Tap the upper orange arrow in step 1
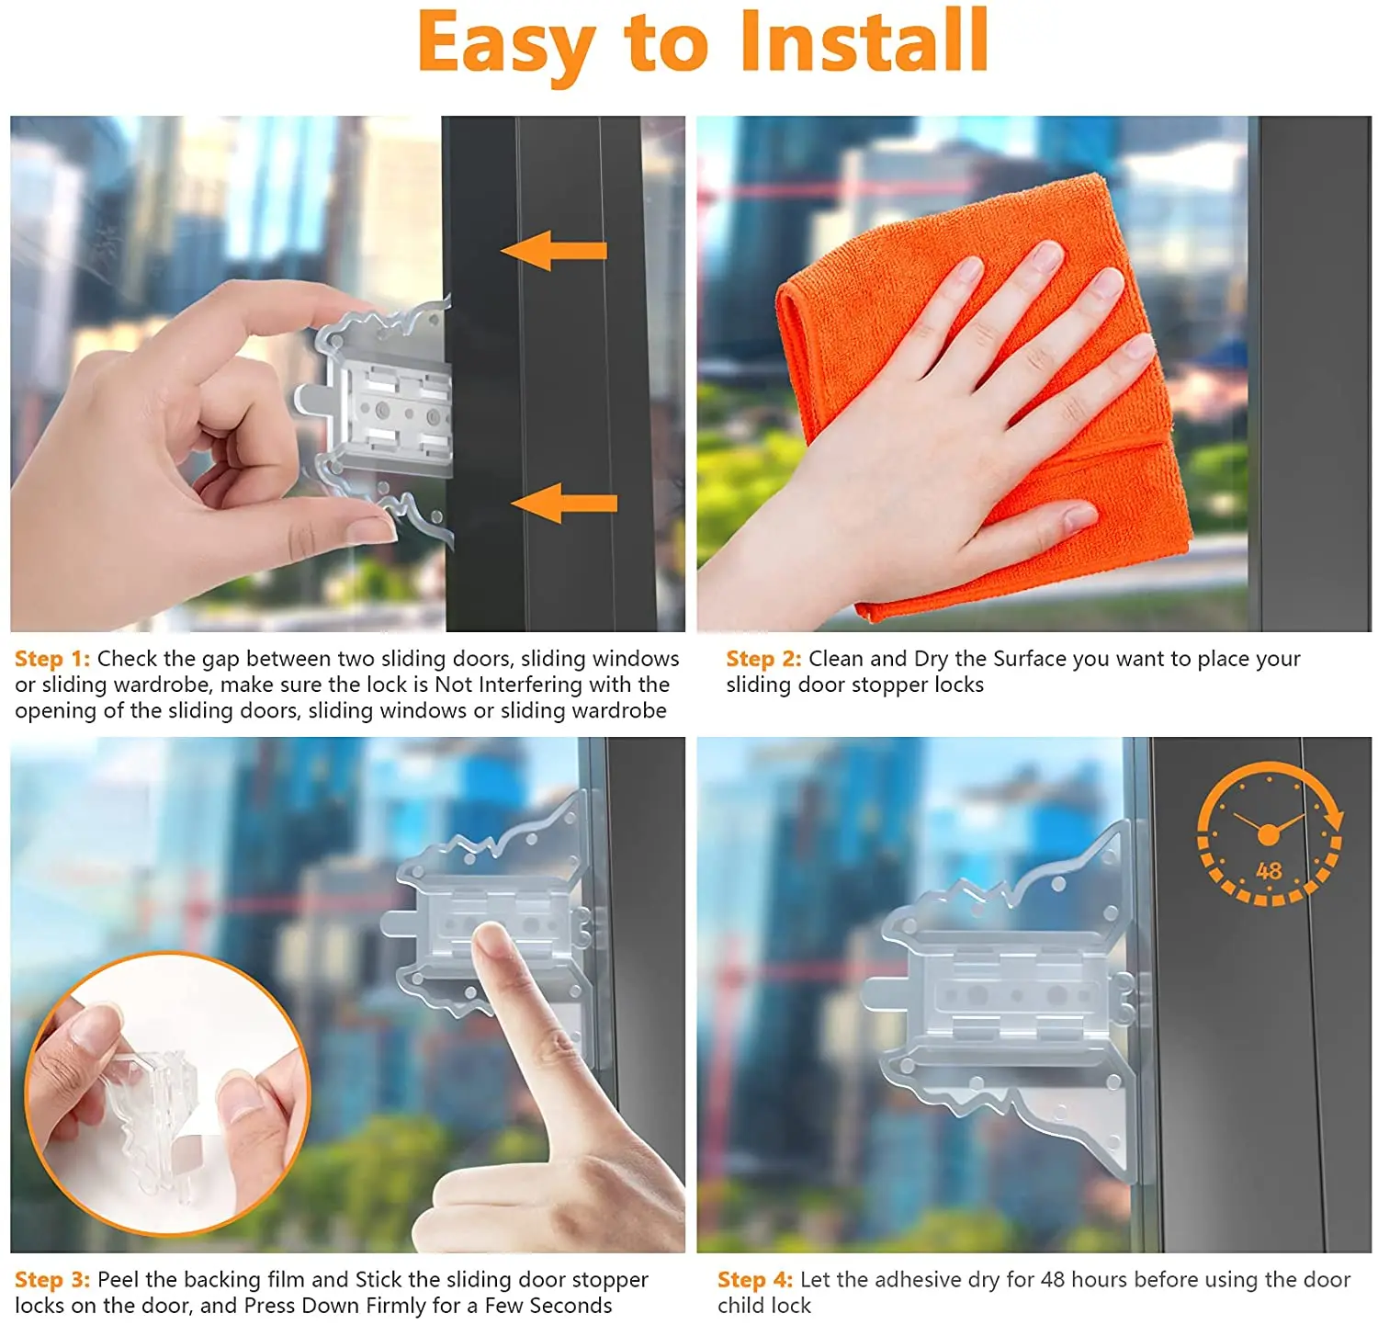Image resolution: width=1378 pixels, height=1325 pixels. pos(554,250)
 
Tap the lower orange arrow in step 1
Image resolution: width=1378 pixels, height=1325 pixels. pos(564,503)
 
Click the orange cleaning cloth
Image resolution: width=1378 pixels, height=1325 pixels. pos(983,395)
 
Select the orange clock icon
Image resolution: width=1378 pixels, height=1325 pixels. pos(1270,833)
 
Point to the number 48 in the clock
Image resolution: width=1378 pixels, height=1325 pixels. pos(1269,870)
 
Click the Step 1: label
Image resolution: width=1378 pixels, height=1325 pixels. pos(52,659)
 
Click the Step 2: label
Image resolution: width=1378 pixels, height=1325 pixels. pos(763,659)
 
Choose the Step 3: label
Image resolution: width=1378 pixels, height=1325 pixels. pos(52,1280)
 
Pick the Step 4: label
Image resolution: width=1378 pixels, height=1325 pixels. pos(755,1280)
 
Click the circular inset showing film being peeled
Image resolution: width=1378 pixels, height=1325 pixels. pos(168,1093)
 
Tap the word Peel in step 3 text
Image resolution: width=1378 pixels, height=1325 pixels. pos(119,1280)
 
